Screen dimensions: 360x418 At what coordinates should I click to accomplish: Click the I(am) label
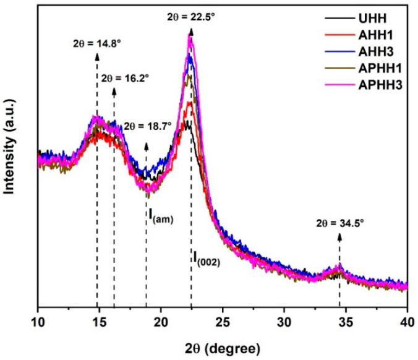pyautogui.click(x=160, y=215)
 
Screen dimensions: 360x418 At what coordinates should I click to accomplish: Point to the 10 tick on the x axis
pyautogui.click(x=38, y=322)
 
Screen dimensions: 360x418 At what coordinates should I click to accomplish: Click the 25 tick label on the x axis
pyautogui.click(x=223, y=322)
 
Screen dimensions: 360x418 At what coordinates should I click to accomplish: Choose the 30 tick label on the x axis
pyautogui.click(x=284, y=322)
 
